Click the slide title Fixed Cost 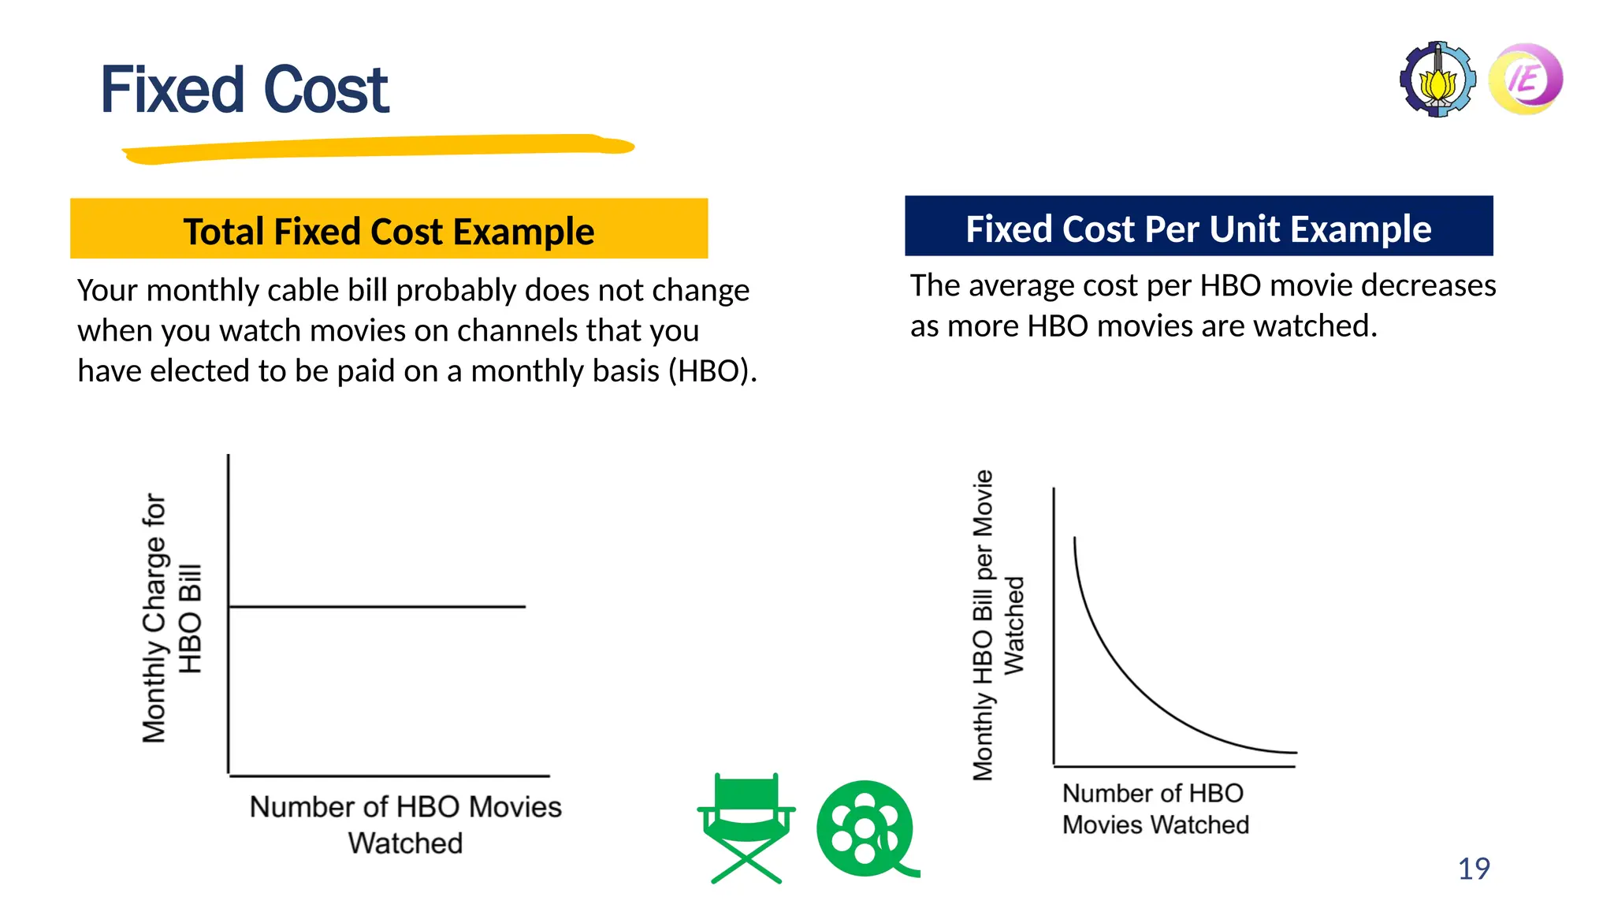(244, 90)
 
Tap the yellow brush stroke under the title (378, 148)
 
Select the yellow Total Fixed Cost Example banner (389, 229)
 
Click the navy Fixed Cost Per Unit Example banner (1198, 226)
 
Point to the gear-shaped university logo (1437, 80)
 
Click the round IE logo (1526, 79)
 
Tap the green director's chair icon (746, 828)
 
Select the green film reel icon (865, 828)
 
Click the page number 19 (1473, 869)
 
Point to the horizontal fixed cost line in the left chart (377, 606)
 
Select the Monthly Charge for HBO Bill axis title (171, 619)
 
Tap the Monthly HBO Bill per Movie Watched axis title (998, 625)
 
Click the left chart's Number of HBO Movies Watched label (405, 824)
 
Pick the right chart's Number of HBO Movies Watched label (1155, 809)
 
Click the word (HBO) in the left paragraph (712, 371)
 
